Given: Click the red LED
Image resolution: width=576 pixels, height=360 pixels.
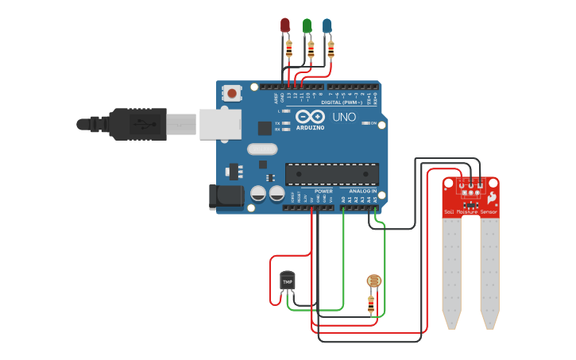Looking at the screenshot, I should point(285,25).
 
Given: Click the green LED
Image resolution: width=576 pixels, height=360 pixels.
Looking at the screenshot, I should point(307,25).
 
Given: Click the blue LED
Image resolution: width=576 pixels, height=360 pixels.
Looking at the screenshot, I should point(327,25).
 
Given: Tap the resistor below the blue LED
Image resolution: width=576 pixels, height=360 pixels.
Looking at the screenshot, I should point(331,51).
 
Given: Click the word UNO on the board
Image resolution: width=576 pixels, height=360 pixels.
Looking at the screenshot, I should point(344,117).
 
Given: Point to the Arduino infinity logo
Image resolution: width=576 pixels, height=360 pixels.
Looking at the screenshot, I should point(310,117).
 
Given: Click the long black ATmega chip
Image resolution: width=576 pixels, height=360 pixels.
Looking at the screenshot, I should point(332,173).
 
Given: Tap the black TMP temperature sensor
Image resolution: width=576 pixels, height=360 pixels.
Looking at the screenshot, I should point(287,281).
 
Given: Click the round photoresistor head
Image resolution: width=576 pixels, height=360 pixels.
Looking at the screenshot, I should point(373,281).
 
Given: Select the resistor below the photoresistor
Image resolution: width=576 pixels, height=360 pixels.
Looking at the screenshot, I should point(371,304).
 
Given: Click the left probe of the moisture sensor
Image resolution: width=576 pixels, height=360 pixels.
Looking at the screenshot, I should point(452,270).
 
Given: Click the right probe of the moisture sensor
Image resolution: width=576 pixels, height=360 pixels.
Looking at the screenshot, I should point(489,270).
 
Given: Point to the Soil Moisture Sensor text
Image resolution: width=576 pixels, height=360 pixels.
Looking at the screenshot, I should point(470,212).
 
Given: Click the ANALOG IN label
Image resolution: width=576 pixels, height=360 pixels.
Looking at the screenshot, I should point(362,191).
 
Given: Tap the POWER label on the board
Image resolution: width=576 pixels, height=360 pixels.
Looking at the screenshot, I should point(323,191).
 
